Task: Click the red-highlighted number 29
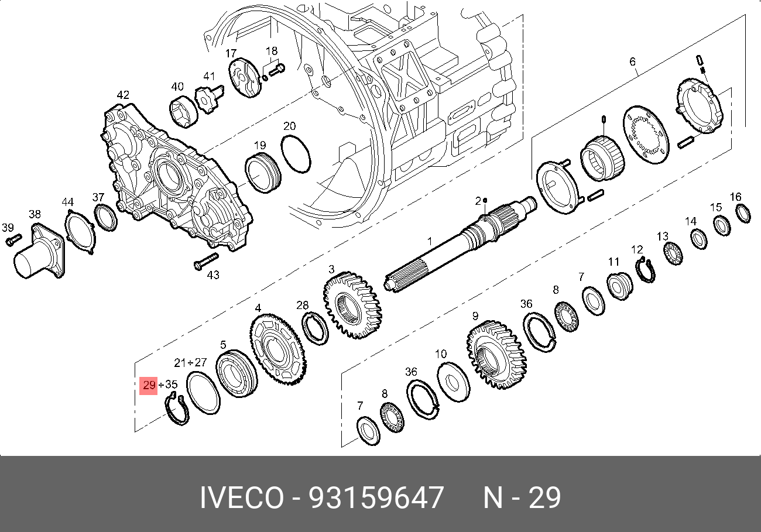point(149,385)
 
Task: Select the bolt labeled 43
point(206,261)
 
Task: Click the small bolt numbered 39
point(13,240)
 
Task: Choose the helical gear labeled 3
point(352,306)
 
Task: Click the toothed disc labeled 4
point(278,349)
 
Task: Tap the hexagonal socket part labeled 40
point(183,112)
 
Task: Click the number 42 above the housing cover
point(123,95)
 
